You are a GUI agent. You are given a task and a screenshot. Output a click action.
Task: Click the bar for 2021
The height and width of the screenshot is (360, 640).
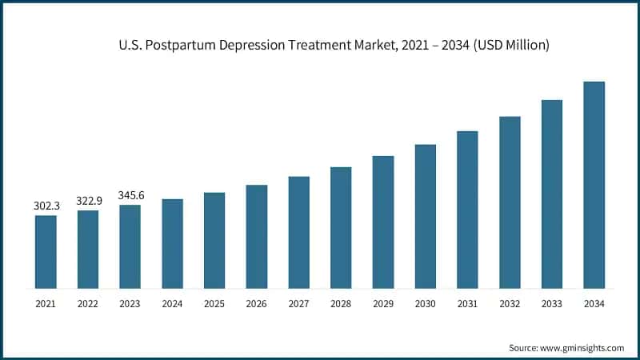46,251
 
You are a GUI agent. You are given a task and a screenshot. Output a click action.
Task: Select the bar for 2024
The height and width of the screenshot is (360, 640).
172,243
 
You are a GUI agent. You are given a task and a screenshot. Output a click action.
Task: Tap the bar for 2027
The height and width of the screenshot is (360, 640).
298,232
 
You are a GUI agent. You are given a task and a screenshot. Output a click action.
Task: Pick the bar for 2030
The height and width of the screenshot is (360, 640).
425,216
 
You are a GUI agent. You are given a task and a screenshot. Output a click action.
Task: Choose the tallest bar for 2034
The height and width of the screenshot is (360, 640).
594,185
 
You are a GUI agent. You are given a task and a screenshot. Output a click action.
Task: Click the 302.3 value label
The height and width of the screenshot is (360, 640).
46,206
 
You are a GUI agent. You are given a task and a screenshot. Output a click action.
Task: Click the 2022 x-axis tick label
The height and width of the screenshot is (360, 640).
88,304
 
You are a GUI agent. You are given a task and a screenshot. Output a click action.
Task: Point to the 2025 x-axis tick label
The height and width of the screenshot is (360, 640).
214,304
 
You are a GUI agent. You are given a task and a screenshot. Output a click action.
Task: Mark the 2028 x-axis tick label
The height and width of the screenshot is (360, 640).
341,304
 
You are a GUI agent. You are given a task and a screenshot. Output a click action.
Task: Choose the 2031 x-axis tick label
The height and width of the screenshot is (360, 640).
467,304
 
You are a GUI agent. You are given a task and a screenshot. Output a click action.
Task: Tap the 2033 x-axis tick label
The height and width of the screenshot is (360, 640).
551,304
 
